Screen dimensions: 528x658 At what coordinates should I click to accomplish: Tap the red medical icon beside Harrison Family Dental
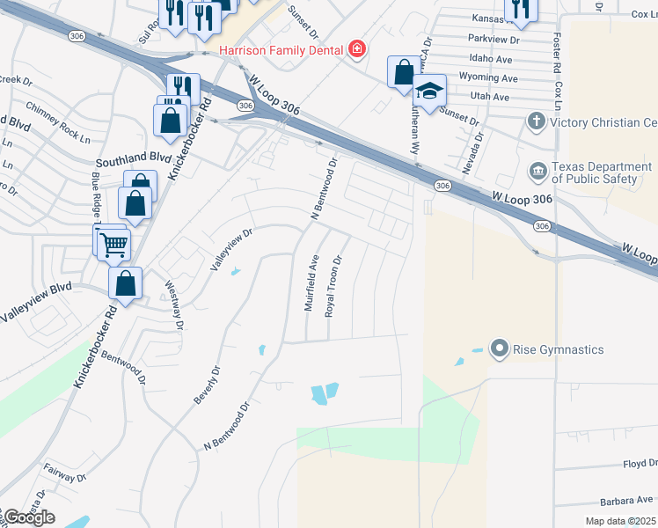pyautogui.click(x=356, y=48)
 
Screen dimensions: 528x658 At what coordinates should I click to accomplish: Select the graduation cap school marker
pyautogui.click(x=429, y=91)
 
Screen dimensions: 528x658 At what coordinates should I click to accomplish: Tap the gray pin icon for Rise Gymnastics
pyautogui.click(x=500, y=349)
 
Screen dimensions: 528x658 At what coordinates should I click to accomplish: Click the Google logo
pyautogui.click(x=28, y=517)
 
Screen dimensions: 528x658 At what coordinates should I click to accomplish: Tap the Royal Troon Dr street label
pyautogui.click(x=333, y=285)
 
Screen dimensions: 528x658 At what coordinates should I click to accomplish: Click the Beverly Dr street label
pyautogui.click(x=205, y=385)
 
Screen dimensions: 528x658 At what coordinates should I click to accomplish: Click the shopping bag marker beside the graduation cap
pyautogui.click(x=403, y=73)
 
